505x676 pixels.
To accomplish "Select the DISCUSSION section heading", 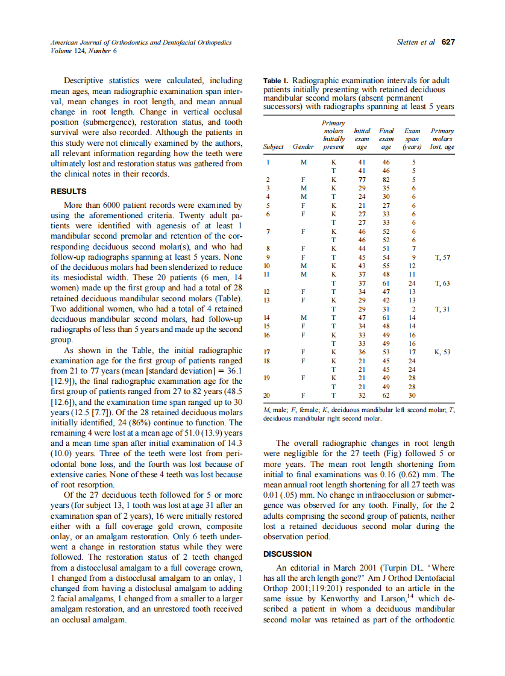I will coord(288,553).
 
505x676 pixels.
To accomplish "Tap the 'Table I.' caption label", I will coord(277,81).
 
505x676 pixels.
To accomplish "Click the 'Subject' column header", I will coord(274,146).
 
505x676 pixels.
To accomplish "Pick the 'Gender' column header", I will coord(303,146).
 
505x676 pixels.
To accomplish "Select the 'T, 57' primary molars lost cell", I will coord(442,257).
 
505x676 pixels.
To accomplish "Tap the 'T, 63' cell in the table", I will coord(442,283).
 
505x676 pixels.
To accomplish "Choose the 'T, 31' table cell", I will coord(442,308).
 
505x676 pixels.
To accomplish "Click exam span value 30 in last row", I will coord(412,395).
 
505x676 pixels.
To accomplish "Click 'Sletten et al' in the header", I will coord(416,42).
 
